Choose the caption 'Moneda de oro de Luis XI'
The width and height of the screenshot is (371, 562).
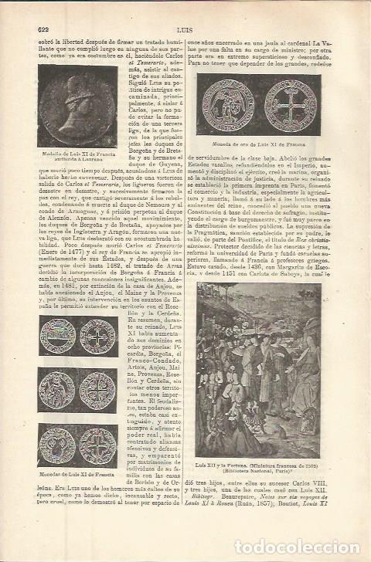tap(254, 144)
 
